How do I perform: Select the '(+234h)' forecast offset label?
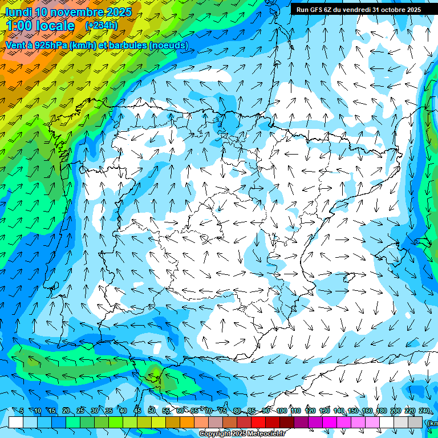click(101, 26)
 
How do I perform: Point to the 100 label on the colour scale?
click(281, 411)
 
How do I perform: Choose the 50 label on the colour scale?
click(152, 411)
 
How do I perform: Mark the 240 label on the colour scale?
click(424, 411)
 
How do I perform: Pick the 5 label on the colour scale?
click(22, 411)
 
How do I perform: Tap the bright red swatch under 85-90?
click(258, 422)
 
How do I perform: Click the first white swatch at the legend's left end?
click(16, 422)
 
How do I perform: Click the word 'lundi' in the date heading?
click(18, 12)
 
